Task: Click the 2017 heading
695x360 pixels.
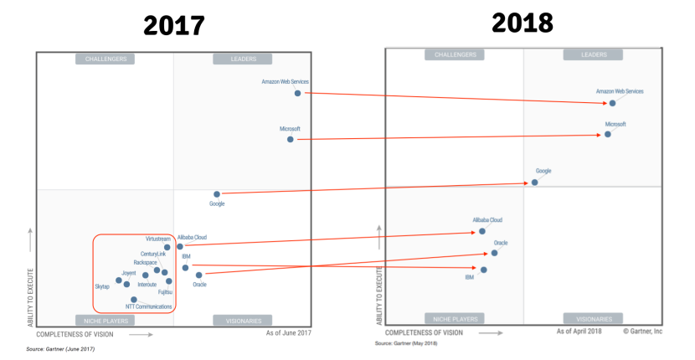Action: [173, 26]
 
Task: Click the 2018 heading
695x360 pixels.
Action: [522, 23]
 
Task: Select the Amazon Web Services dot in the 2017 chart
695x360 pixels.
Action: [297, 93]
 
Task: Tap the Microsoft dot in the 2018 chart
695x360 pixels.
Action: [608, 134]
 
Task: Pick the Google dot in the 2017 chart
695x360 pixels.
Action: [216, 194]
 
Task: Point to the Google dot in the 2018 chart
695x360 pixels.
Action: [534, 182]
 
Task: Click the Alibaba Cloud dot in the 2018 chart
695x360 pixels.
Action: [482, 231]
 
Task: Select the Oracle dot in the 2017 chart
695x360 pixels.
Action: [198, 275]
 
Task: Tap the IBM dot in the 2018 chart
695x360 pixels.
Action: [484, 270]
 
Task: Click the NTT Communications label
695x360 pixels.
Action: [148, 307]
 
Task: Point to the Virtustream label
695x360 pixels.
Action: [157, 239]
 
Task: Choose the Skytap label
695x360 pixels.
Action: [101, 286]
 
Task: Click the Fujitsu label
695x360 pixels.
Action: [165, 291]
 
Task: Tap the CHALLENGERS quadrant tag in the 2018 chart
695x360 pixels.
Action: [455, 54]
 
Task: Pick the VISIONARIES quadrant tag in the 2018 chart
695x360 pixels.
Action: [593, 319]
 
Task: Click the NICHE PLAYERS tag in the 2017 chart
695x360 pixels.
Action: [105, 321]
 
